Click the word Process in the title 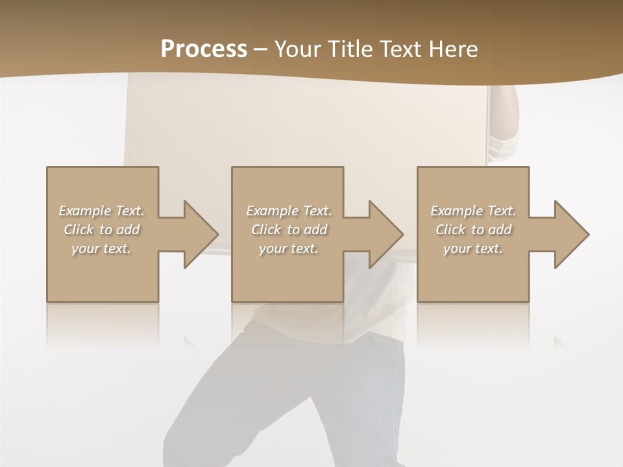[204, 49]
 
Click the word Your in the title [298, 49]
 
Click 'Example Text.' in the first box [101, 211]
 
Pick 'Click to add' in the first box [101, 230]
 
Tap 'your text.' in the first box [101, 248]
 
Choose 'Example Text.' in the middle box [288, 211]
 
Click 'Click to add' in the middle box [288, 230]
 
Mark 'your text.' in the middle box [288, 248]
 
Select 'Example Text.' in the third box [473, 211]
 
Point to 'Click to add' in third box [473, 230]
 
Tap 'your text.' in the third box [473, 248]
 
